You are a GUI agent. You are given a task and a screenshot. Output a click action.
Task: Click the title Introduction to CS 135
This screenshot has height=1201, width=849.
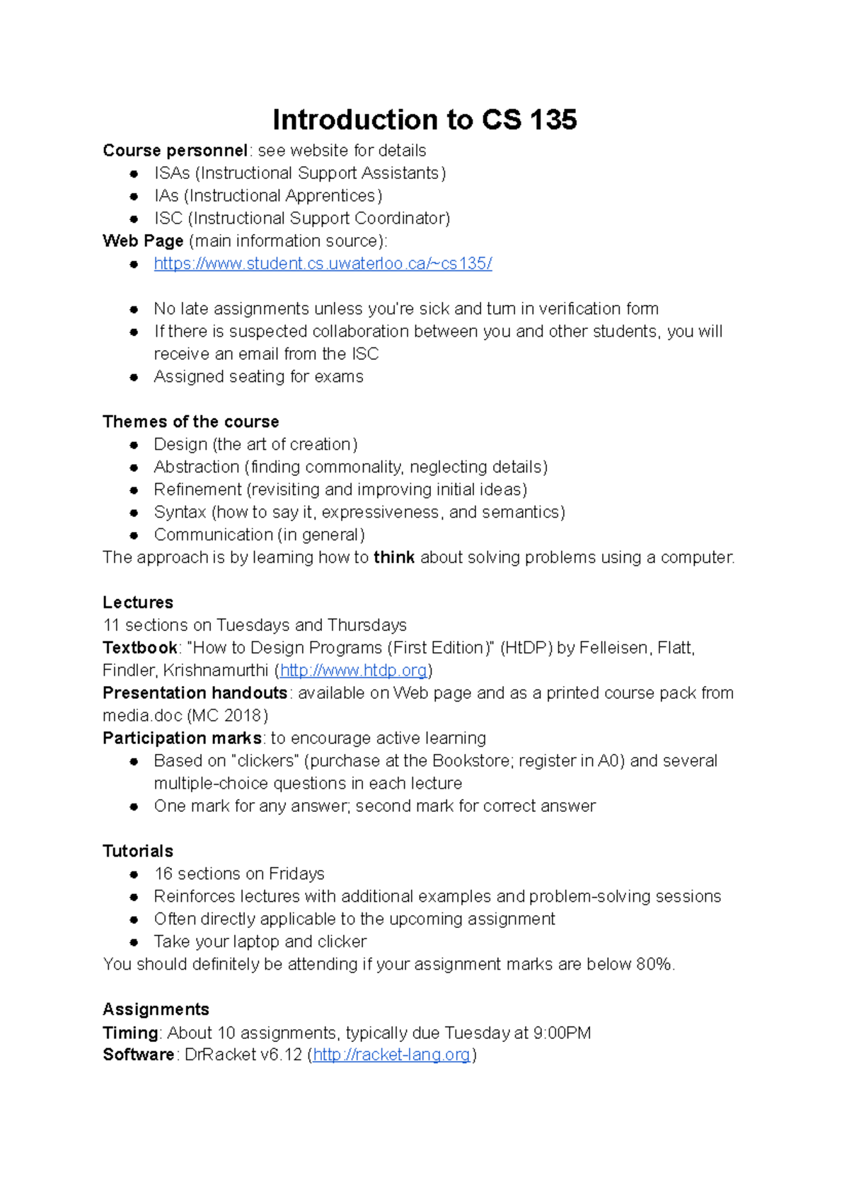[424, 120]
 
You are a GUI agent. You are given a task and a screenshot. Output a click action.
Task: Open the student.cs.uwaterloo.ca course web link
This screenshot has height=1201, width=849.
[323, 264]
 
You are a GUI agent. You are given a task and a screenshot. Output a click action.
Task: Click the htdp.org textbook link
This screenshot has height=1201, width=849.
[354, 670]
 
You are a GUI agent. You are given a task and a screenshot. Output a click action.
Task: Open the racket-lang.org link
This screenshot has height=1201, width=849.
[391, 1055]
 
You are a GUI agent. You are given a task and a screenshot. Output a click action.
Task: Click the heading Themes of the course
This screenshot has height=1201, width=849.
[190, 422]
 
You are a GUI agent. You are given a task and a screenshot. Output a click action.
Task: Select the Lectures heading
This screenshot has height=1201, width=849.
[138, 603]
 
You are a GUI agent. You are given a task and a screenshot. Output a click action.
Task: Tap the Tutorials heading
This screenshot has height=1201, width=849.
[138, 851]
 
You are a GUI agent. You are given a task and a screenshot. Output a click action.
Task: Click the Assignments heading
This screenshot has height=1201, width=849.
[156, 1009]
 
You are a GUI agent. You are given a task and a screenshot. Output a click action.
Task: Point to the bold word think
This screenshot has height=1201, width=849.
[394, 557]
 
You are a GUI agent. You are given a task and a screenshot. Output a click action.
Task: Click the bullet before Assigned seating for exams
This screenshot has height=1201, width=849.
[134, 377]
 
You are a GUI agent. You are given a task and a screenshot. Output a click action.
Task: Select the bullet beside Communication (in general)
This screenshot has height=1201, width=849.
[134, 535]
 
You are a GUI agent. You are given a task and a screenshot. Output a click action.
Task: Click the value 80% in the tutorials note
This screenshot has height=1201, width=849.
[654, 964]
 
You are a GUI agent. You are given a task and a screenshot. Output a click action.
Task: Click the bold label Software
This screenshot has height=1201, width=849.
[139, 1055]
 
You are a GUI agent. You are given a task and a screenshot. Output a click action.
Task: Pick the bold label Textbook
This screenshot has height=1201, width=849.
[140, 648]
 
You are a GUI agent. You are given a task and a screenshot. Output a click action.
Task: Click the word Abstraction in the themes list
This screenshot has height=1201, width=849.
[197, 467]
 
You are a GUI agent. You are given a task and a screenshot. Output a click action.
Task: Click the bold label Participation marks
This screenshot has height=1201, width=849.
[183, 738]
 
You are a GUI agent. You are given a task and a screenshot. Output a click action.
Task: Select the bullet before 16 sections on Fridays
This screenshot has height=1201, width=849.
[134, 874]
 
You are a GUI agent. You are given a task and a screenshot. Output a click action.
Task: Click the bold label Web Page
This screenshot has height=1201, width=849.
[143, 241]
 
